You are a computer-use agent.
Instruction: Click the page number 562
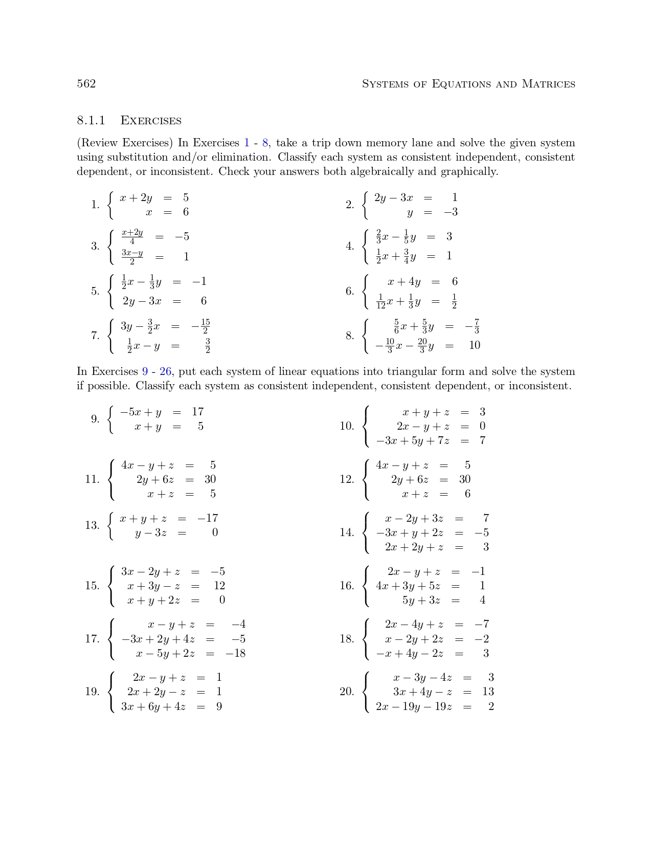[x=86, y=84]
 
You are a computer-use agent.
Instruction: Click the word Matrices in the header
[x=548, y=84]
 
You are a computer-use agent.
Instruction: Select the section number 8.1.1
[x=91, y=121]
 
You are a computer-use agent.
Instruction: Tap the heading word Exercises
[x=151, y=121]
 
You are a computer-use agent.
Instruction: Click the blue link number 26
[x=166, y=371]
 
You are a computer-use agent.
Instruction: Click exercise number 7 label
[x=95, y=336]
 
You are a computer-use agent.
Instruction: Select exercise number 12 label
[x=347, y=479]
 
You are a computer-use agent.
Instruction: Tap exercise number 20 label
[x=347, y=692]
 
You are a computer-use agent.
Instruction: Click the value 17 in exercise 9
[x=198, y=412]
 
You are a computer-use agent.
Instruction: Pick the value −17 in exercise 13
[x=208, y=518]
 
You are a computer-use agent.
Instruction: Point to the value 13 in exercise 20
[x=488, y=692]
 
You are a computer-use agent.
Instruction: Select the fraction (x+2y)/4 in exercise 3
[x=132, y=237]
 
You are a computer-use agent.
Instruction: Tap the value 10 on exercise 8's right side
[x=475, y=345]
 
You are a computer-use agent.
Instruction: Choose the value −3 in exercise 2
[x=451, y=212]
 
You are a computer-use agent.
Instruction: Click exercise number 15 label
[x=92, y=586]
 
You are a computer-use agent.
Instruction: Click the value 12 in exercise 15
[x=219, y=586]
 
